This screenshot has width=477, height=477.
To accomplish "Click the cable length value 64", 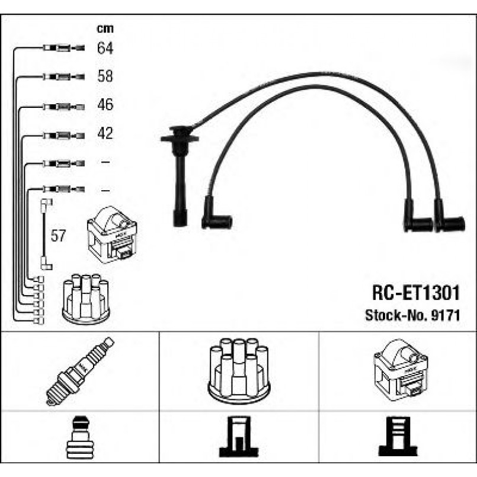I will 105,48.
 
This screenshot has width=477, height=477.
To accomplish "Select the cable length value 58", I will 105,76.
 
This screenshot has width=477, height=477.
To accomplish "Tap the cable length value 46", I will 105,105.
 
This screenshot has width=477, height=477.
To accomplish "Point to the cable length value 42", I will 105,133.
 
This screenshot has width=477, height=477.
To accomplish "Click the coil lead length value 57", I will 57,236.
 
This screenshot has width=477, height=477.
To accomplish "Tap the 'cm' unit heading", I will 105,28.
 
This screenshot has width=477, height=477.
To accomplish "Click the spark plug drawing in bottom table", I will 80,371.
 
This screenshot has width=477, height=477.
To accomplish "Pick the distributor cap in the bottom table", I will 239,371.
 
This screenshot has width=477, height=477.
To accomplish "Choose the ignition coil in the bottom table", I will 400,370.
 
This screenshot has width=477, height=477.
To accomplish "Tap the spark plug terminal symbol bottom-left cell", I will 79,439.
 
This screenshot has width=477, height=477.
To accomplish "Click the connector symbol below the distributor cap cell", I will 239,439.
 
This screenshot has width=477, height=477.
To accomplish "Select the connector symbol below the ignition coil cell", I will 398,439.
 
